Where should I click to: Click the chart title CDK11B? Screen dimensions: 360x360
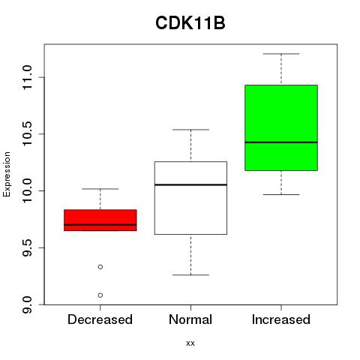point(190,23)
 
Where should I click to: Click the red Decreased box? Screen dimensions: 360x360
point(100,220)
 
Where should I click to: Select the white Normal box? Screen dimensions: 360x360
point(190,198)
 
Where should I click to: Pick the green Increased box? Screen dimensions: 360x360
point(281,127)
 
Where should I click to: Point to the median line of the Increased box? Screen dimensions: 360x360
point(281,142)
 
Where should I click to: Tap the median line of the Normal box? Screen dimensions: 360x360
point(190,184)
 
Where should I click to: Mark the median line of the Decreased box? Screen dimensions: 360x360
point(100,225)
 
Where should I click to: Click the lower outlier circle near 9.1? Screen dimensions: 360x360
point(100,295)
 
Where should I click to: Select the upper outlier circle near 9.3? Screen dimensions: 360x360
point(100,267)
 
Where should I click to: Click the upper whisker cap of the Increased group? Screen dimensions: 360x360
point(281,54)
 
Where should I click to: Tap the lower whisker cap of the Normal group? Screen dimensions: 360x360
point(190,275)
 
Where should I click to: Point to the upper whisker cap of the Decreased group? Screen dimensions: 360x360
point(100,189)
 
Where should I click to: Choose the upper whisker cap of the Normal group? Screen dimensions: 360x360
point(190,130)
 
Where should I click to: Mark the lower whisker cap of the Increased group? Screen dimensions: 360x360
point(281,194)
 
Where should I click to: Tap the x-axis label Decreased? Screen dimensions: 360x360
point(100,319)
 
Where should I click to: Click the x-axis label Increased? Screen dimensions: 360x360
point(281,319)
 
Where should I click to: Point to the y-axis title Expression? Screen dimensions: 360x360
point(7,174)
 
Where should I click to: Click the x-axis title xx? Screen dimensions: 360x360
point(190,343)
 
